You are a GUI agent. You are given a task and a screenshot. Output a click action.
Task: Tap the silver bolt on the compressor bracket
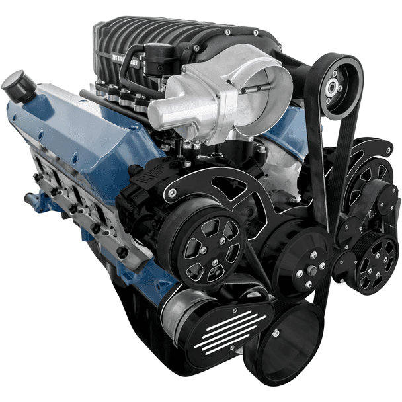[173, 193]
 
